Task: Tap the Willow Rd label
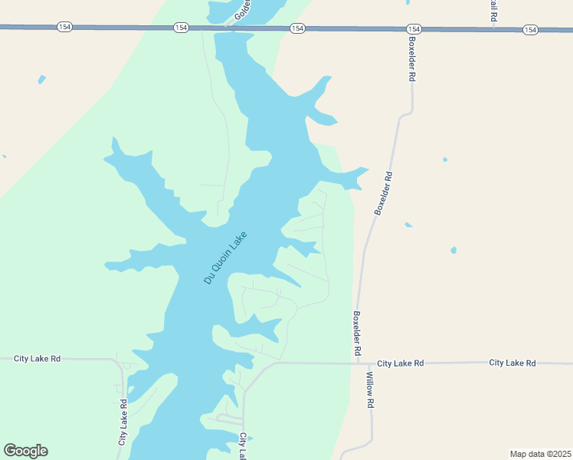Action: coord(369,389)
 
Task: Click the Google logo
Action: coord(25,451)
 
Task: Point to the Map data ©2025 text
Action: coord(541,454)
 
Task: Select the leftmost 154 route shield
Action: coord(64,27)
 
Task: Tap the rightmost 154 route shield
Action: coord(530,29)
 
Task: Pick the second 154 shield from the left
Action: coord(181,28)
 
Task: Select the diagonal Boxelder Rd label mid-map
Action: coord(383,192)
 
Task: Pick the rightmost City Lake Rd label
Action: coord(512,363)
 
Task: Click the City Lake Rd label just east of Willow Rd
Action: coord(400,363)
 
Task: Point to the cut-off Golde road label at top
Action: coord(244,9)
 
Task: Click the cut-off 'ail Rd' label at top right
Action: coord(493,9)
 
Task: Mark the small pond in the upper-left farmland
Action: coord(41,79)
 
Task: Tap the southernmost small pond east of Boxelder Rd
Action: coord(453,250)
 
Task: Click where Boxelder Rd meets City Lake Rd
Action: coord(358,363)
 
